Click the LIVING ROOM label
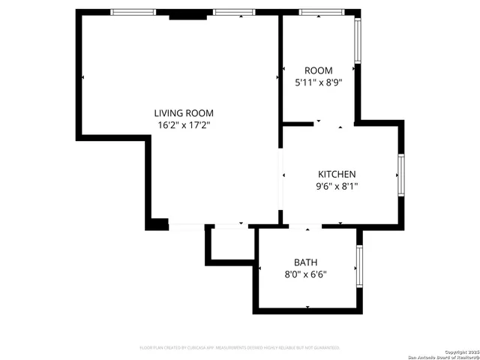(x=184, y=113)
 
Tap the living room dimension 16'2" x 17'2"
(x=184, y=125)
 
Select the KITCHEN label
(x=337, y=174)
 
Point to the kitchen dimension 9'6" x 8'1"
(x=337, y=186)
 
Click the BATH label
(x=305, y=262)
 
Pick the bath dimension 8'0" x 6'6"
(x=305, y=274)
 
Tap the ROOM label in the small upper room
(x=313, y=70)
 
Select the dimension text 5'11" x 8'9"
(x=313, y=82)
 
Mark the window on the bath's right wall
(x=360, y=267)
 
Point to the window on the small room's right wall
(x=358, y=40)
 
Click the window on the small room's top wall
(x=322, y=12)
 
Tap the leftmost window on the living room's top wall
(x=133, y=12)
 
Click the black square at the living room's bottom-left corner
(x=157, y=223)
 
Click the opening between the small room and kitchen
(x=329, y=124)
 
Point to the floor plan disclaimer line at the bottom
(x=240, y=347)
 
